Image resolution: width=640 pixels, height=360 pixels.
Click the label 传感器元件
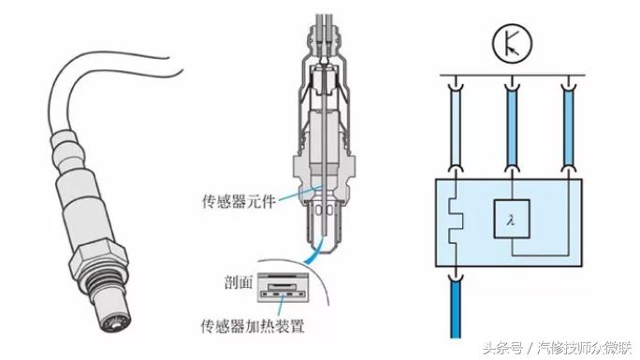239,201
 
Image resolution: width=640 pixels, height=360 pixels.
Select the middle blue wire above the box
511,126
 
